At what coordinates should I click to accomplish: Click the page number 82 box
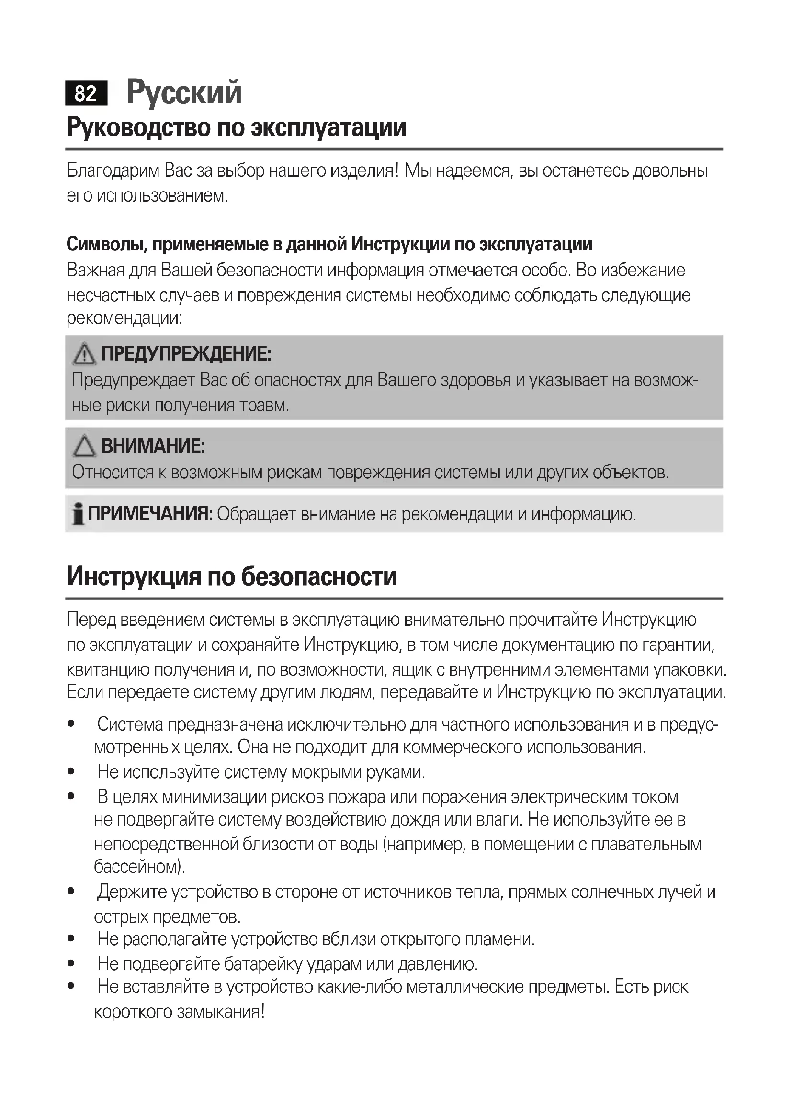tap(86, 93)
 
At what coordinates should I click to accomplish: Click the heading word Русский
tap(184, 92)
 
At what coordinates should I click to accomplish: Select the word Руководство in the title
tap(139, 127)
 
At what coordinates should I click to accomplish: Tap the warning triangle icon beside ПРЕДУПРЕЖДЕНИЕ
tap(84, 354)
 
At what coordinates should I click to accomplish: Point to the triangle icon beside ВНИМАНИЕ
tap(84, 446)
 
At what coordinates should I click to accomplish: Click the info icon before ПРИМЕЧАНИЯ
tap(77, 514)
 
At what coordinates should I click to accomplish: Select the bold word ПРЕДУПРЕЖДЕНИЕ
tap(186, 354)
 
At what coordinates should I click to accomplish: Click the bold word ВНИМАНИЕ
tap(153, 446)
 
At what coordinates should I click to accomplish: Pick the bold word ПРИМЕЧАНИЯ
tap(150, 514)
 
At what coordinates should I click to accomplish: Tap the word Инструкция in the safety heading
tap(134, 576)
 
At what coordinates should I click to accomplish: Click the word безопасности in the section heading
tap(319, 576)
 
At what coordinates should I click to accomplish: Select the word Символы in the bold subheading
tap(107, 244)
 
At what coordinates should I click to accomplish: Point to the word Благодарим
tap(113, 171)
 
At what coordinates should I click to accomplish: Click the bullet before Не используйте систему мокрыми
tap(71, 771)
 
